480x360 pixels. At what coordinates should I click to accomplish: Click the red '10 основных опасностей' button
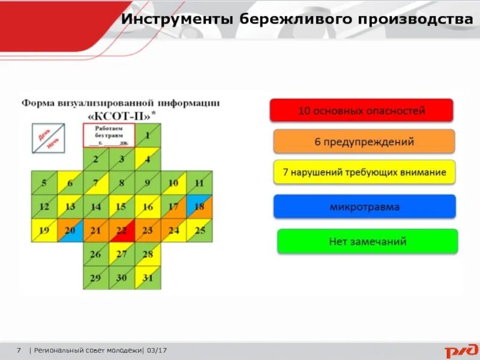(x=361, y=110)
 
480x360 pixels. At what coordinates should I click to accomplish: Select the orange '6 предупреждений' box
(x=364, y=142)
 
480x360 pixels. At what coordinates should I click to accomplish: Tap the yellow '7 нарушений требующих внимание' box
(x=364, y=172)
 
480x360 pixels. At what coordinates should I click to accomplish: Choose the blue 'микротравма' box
(x=364, y=207)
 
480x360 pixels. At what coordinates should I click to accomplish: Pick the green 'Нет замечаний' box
(x=367, y=242)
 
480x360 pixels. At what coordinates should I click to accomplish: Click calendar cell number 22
(x=122, y=230)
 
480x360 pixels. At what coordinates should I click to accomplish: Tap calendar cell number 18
(x=199, y=206)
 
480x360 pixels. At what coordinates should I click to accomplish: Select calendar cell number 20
(x=70, y=230)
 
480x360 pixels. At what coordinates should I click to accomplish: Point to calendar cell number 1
(x=148, y=136)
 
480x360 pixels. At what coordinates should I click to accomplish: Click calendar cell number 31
(x=148, y=278)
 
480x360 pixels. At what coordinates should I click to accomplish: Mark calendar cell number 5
(x=44, y=183)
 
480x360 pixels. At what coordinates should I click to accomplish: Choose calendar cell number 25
(x=199, y=230)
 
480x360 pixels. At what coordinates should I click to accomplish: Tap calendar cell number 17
(x=173, y=206)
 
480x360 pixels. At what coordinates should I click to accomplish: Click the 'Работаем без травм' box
(x=109, y=136)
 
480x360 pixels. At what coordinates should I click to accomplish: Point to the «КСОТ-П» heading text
(x=122, y=115)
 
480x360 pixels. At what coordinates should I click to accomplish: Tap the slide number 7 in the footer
(x=19, y=350)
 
